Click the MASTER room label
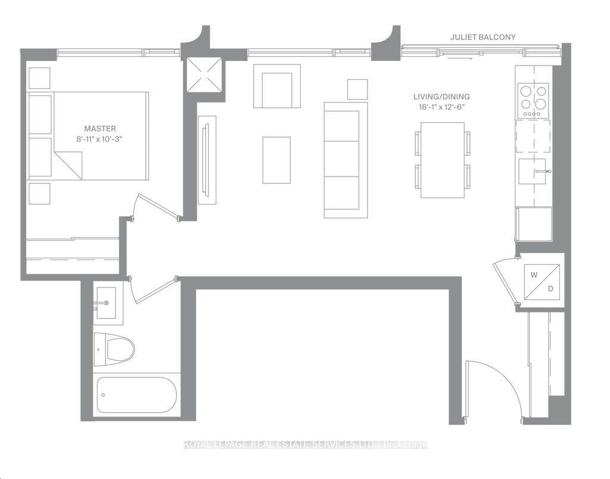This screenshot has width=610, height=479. (100, 128)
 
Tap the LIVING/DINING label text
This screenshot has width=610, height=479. (442, 97)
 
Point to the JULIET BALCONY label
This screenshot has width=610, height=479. (483, 37)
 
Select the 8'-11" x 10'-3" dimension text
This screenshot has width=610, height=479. (100, 139)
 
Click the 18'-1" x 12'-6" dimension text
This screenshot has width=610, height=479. (442, 107)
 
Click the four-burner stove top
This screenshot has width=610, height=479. (533, 100)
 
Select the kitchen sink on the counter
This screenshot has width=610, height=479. (533, 172)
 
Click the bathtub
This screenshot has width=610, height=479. (137, 395)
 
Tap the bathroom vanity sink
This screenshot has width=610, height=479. (107, 303)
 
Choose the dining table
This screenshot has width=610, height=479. (442, 160)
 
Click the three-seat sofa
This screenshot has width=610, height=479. (346, 159)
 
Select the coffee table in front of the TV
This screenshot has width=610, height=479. (276, 160)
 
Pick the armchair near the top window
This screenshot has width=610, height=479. (276, 87)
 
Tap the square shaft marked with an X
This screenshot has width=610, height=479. (204, 75)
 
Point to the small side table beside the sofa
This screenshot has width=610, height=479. (357, 89)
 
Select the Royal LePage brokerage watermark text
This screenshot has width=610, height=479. (305, 444)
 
